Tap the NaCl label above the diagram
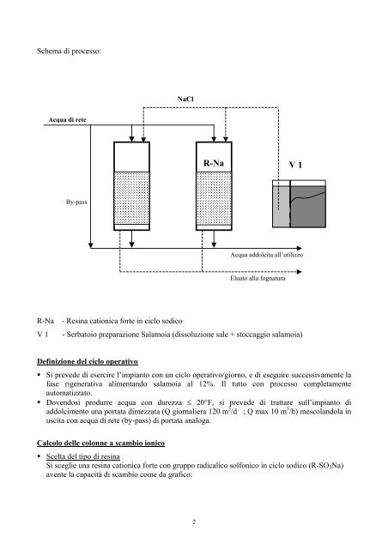pyautogui.click(x=184, y=101)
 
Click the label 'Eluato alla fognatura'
pyautogui.click(x=258, y=278)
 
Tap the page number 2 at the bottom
pyautogui.click(x=194, y=521)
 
